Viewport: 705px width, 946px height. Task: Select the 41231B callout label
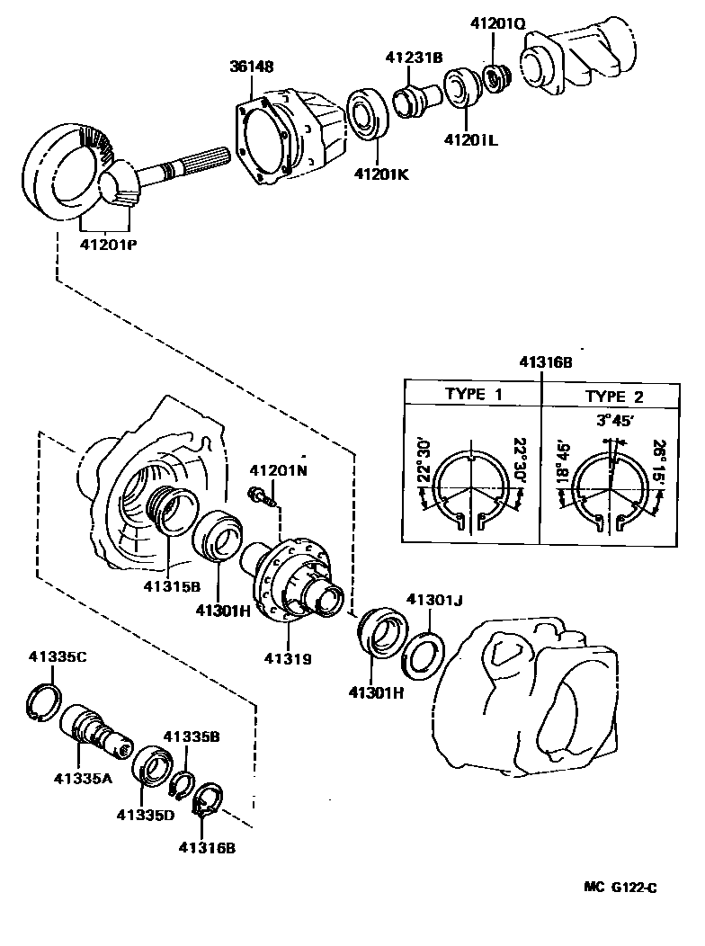[415, 58]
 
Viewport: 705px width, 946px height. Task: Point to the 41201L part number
[469, 140]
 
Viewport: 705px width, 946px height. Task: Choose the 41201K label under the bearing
[380, 174]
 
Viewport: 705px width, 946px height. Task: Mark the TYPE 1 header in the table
[474, 395]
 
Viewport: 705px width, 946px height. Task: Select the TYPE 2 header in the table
[614, 396]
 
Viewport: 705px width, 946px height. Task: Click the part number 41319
[288, 658]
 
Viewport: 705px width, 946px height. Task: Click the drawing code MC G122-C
[620, 888]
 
